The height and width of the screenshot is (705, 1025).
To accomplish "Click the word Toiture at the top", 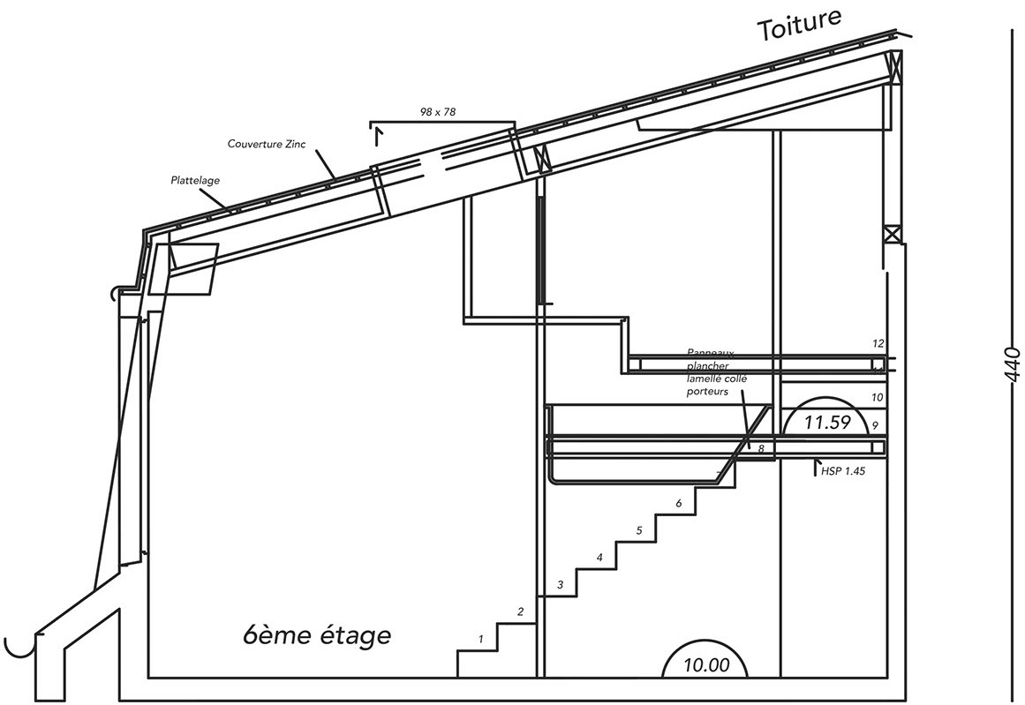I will [x=800, y=24].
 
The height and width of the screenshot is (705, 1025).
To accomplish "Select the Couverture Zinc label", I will [x=266, y=144].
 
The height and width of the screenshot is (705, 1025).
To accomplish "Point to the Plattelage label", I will [x=195, y=180].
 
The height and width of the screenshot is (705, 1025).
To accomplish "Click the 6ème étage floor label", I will [x=316, y=634].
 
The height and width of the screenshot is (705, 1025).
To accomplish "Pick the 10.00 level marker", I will [x=706, y=664].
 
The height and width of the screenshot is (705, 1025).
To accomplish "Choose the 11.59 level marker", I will [x=826, y=423].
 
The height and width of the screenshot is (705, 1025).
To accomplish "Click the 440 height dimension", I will [x=1012, y=364].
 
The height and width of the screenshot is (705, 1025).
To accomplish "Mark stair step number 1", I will [x=481, y=638].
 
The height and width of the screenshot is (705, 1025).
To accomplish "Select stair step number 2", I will [x=521, y=611].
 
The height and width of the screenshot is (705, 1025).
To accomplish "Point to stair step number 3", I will [x=560, y=584].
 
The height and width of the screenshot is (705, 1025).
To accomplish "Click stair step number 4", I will [x=600, y=558].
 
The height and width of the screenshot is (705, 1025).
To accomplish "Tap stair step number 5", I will [x=639, y=530].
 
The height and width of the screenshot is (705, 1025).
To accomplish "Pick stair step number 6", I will [x=678, y=503].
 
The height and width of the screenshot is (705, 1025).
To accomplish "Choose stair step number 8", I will [x=760, y=449].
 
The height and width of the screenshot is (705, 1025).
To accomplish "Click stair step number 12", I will [x=878, y=342].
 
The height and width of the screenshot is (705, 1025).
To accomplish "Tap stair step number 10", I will [x=877, y=398].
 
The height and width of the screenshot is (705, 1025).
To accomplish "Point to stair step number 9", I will [x=874, y=425].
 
